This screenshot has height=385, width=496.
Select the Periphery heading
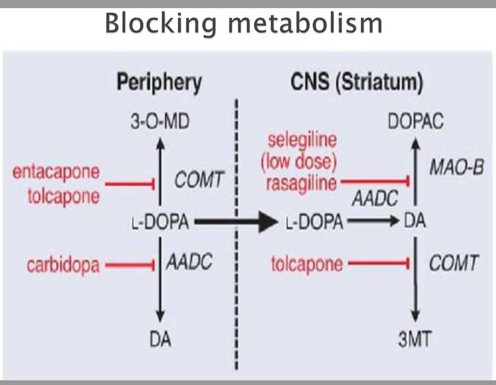(160, 83)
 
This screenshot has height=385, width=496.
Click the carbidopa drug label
(63, 265)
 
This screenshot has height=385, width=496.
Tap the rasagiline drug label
(302, 183)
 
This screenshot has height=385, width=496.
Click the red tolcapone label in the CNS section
(307, 264)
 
